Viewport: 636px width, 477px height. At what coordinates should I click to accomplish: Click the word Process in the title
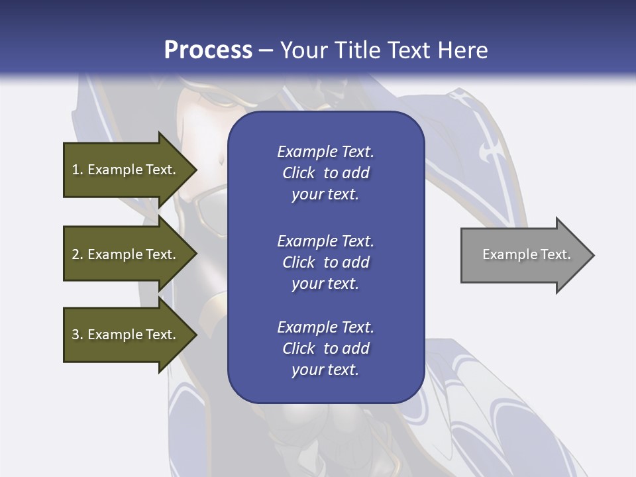[208, 50]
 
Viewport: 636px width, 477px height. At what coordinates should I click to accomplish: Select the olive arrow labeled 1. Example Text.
[126, 170]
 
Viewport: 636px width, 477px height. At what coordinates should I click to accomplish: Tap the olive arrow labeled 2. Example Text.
[126, 254]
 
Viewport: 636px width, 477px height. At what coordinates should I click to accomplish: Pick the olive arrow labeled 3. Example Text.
[126, 335]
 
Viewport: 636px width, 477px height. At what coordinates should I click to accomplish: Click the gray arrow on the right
[523, 255]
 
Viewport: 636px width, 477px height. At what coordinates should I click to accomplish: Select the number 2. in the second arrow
[78, 254]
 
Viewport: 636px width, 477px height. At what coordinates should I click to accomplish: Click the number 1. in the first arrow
[78, 170]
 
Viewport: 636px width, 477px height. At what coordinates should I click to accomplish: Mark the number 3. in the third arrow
[78, 335]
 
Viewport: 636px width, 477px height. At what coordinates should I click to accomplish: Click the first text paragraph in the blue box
[325, 173]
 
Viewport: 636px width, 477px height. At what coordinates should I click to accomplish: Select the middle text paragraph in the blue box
[325, 262]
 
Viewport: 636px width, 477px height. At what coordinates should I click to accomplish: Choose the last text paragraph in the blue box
[325, 348]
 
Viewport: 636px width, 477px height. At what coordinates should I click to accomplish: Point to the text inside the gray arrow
[526, 254]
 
